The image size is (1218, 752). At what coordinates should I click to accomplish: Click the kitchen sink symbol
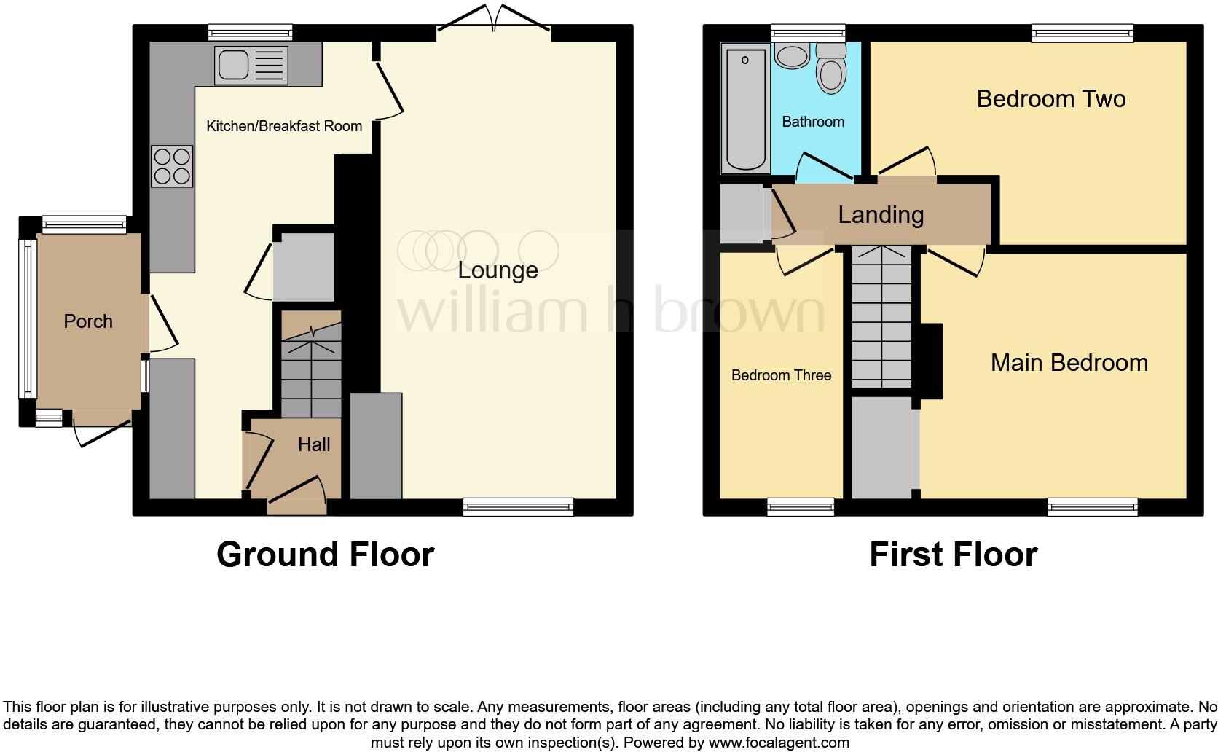coord(251,63)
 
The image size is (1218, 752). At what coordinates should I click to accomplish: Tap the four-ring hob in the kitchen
coord(172,166)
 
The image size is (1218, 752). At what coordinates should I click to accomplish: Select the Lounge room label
coord(498,270)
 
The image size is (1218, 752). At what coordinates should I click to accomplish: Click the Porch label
coord(88,321)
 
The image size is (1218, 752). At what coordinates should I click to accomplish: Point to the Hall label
coord(314,444)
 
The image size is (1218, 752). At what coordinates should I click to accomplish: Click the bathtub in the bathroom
coord(745,108)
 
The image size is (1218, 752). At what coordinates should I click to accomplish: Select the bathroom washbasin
coord(792,55)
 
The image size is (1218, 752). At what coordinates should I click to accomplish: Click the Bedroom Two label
coord(1050,99)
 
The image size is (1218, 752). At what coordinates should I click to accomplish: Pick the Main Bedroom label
coord(1069,363)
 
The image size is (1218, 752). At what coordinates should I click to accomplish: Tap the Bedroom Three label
coord(781,375)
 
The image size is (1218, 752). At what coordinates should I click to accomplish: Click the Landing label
coord(881,214)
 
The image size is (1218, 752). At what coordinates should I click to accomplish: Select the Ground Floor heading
coord(325,555)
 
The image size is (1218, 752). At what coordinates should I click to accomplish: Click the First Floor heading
coord(953,555)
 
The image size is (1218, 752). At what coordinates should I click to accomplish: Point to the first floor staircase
coord(881,318)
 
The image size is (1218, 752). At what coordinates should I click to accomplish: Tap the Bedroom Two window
coord(1083,32)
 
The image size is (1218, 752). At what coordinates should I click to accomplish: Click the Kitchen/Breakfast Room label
coord(284,126)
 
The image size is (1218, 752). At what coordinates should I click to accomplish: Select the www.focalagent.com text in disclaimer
coord(779,743)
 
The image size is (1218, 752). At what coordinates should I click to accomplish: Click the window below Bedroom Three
coord(801,507)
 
